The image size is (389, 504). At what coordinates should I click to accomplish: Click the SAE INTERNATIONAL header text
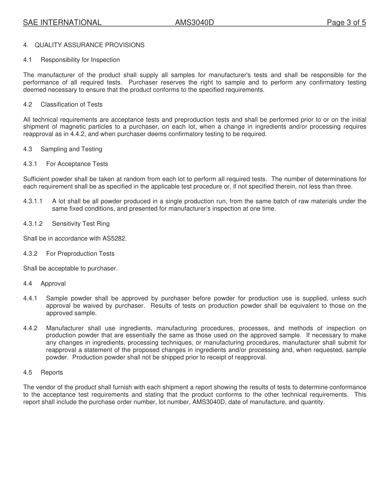[62, 23]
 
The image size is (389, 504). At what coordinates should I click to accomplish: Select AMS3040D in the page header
[194, 23]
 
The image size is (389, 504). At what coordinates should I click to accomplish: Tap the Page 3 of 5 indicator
[346, 23]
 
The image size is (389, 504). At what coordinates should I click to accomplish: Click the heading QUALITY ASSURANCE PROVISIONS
[89, 45]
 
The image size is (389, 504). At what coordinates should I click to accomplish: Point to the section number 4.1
[27, 60]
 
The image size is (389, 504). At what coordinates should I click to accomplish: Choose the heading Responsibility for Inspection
[80, 60]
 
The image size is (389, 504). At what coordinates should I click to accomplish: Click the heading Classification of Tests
[72, 104]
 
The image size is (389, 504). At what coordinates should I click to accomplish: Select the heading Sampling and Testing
[71, 149]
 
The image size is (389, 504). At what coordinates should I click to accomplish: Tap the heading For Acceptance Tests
[77, 164]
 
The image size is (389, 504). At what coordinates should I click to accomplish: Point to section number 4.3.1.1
[33, 201]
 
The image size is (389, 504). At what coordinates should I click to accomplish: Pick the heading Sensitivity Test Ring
[81, 224]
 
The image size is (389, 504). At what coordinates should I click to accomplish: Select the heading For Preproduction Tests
[80, 254]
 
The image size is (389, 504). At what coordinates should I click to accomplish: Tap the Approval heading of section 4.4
[53, 284]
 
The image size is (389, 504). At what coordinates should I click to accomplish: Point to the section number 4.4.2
[30, 328]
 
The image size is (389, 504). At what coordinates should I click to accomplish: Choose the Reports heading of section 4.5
[52, 372]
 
